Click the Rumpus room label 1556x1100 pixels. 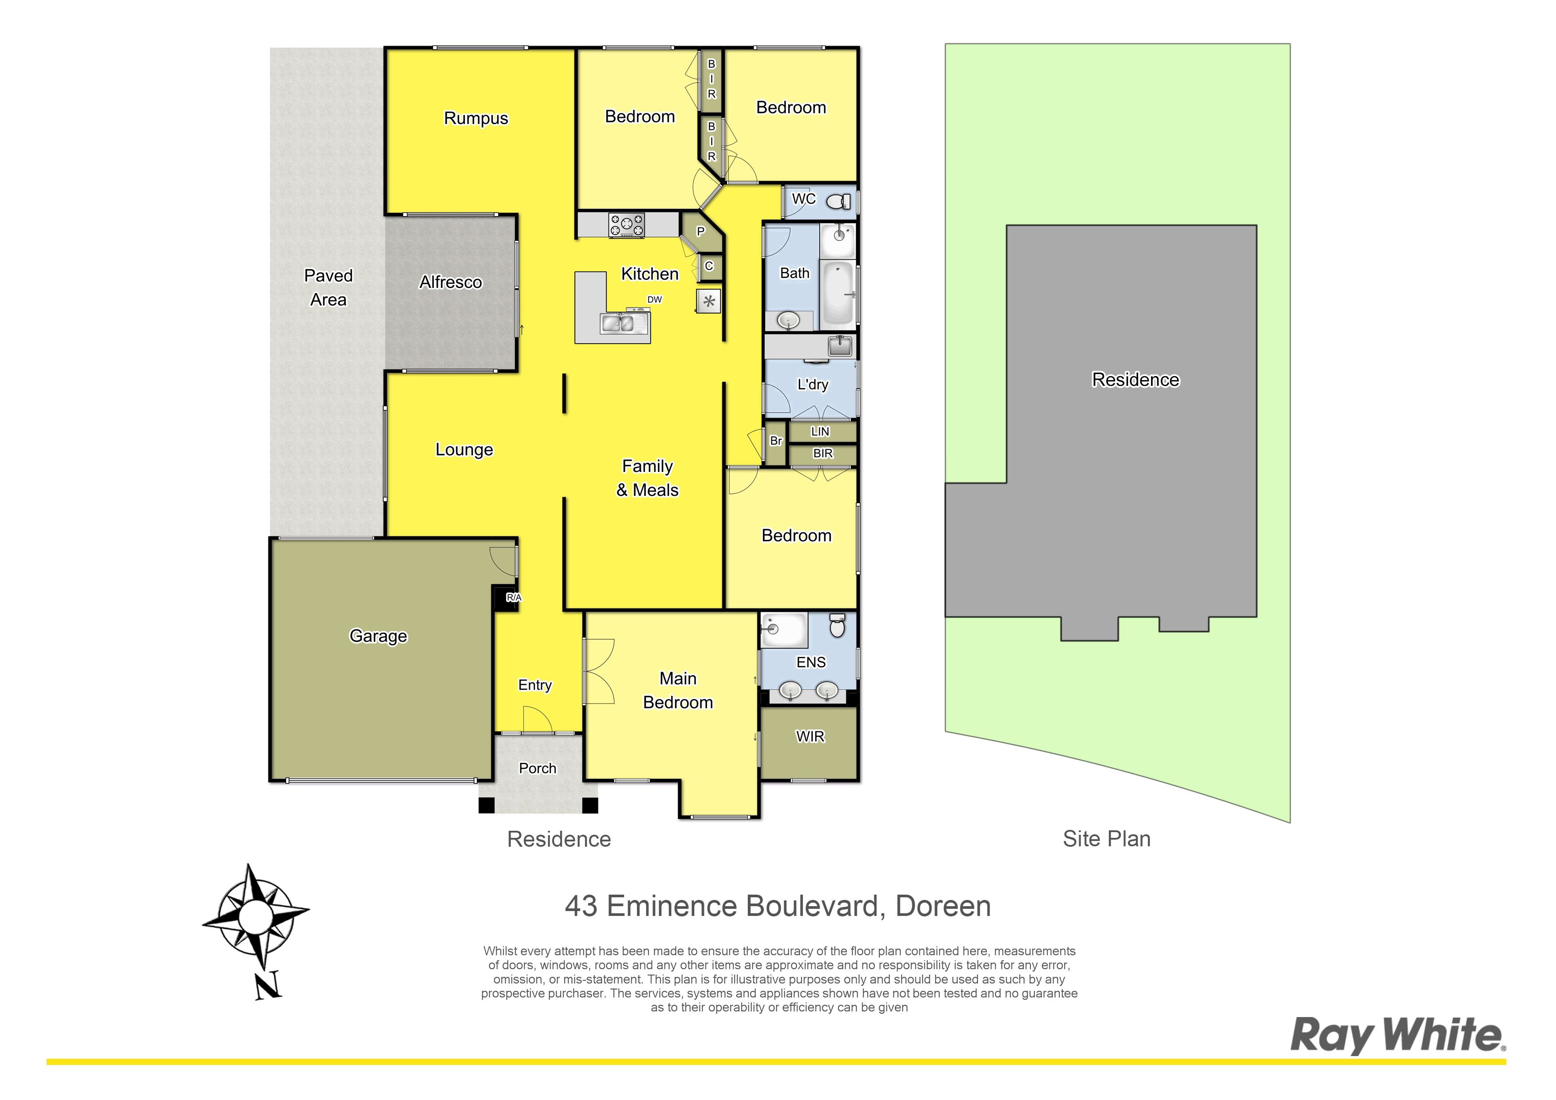(x=476, y=118)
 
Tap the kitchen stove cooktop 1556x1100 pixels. (x=626, y=225)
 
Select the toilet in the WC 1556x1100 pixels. (x=839, y=200)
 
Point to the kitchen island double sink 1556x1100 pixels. (x=618, y=324)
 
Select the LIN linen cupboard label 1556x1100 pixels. (x=820, y=431)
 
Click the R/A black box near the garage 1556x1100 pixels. (x=506, y=598)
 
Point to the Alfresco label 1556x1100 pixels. (x=451, y=282)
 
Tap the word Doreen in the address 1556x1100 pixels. (x=943, y=906)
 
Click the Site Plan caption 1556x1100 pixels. (x=1107, y=839)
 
